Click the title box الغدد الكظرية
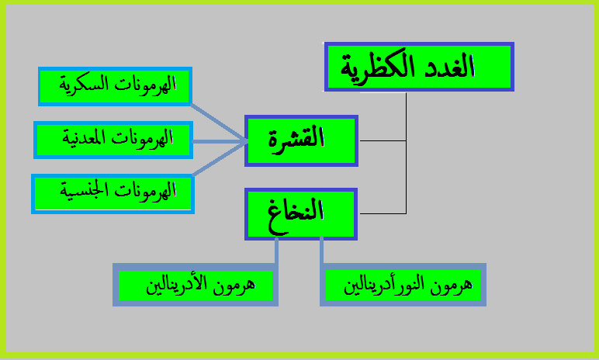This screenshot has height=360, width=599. pyautogui.click(x=419, y=67)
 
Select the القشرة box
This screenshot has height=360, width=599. pyautogui.click(x=301, y=140)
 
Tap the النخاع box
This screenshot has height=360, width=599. pyautogui.click(x=301, y=213)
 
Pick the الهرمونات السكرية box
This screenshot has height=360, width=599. pyautogui.click(x=116, y=86)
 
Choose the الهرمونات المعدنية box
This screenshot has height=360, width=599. pyautogui.click(x=113, y=140)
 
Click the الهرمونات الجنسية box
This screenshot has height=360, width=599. pyautogui.click(x=113, y=193)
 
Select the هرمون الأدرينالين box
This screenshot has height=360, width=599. pyautogui.click(x=196, y=285)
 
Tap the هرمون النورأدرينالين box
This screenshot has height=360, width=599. pyautogui.click(x=403, y=286)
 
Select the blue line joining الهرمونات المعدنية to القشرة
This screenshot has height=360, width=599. pyautogui.click(x=219, y=141)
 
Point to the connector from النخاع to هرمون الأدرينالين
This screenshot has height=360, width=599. pyautogui.click(x=275, y=252)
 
